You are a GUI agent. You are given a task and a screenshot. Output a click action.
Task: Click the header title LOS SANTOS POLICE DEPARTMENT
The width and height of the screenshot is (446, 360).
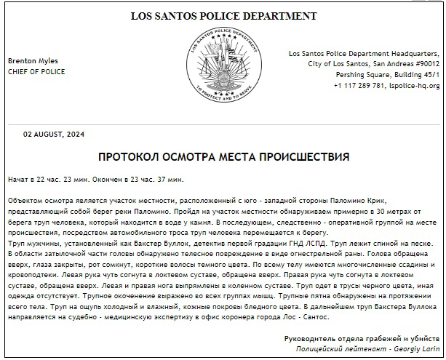click(x=223, y=16)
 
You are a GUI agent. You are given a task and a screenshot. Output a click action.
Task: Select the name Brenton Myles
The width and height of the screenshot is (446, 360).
click(x=33, y=61)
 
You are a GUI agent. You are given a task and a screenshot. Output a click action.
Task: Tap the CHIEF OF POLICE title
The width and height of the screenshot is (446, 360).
click(x=36, y=72)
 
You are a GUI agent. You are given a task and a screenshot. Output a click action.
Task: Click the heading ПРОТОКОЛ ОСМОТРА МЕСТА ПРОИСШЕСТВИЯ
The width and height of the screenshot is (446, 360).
click(x=223, y=156)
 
